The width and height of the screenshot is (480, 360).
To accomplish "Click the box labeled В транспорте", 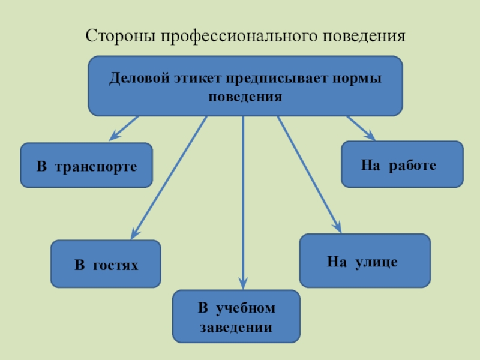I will (x=86, y=165).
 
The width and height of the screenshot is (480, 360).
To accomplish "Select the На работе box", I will (x=402, y=164).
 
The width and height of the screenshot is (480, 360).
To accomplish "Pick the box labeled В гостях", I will (x=106, y=264).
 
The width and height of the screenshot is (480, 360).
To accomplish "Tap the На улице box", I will (x=365, y=261).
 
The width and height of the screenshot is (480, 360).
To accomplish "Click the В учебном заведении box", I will (x=236, y=317).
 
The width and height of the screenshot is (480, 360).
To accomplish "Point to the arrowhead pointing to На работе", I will (x=371, y=137).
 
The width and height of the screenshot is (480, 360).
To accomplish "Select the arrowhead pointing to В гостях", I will (x=134, y=234).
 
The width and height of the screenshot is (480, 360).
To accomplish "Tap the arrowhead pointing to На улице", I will (x=338, y=228).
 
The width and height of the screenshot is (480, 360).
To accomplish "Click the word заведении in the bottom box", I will (x=236, y=328).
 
